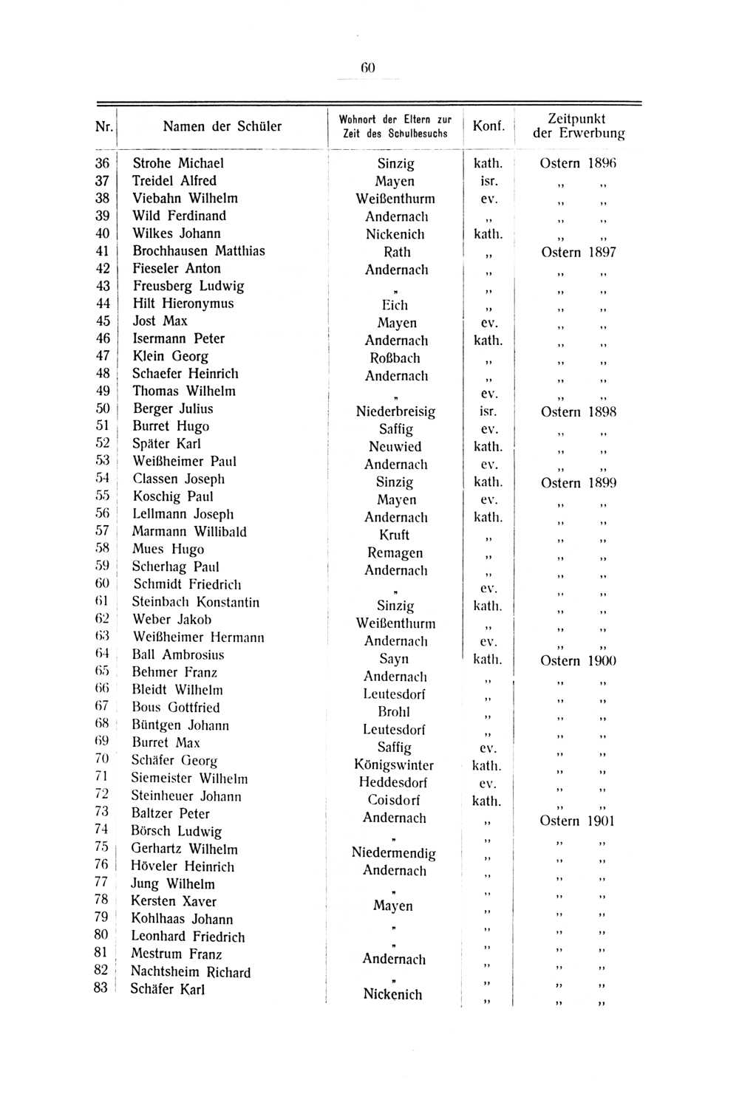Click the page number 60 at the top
[x=368, y=67]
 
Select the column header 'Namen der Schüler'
[x=222, y=126]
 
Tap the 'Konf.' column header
[x=488, y=126]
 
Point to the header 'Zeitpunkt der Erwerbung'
[x=578, y=126]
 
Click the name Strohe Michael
[x=177, y=163]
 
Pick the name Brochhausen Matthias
[x=198, y=251]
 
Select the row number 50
[x=103, y=408]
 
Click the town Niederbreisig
[x=395, y=411]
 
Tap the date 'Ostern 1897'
[x=578, y=252]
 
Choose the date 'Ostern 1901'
[x=577, y=821]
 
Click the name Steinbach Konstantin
[x=195, y=602]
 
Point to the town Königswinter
[x=394, y=765]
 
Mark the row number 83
[x=101, y=988]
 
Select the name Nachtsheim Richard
[x=190, y=972]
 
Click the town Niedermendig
[x=394, y=852]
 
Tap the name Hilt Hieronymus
[x=183, y=304]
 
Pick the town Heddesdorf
[x=393, y=782]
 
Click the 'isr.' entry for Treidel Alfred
[x=488, y=181]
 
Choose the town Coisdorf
[x=394, y=800]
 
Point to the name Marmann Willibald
[x=189, y=532]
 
